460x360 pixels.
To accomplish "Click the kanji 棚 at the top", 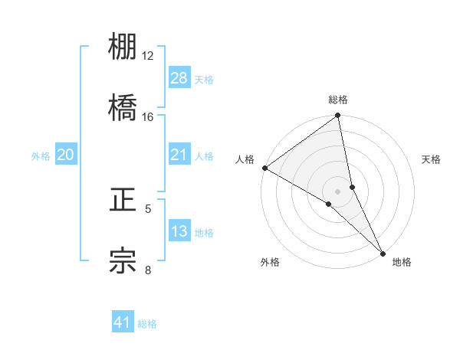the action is tap(123, 48).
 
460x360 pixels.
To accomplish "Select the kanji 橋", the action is tap(123, 108).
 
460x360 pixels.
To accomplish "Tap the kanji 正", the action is tap(123, 201).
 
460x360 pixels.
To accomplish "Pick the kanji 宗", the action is tap(123, 260).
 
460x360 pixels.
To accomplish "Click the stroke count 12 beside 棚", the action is tap(148, 56).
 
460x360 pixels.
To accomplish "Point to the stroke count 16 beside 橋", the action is tap(148, 116).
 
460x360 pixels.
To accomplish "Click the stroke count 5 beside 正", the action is tap(148, 208).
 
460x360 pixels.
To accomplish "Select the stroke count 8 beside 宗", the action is tap(148, 269).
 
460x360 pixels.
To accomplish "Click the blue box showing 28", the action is tap(179, 77).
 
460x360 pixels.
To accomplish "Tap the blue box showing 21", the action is tap(179, 155).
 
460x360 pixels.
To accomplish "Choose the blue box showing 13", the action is tap(179, 231).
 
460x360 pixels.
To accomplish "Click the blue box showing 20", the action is tap(66, 155).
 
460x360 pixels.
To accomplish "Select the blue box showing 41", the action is tap(123, 322).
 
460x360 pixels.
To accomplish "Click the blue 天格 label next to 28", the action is tap(204, 79).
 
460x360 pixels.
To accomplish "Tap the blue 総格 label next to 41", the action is tap(147, 324).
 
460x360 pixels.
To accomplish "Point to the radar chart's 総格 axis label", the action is tap(338, 100).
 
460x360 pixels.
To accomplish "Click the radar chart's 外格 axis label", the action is tap(270, 262).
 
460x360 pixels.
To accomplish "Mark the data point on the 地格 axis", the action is tap(383, 251).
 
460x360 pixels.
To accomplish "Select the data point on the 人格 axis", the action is tap(264, 168).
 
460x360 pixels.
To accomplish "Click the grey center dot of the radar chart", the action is tap(338, 191).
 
